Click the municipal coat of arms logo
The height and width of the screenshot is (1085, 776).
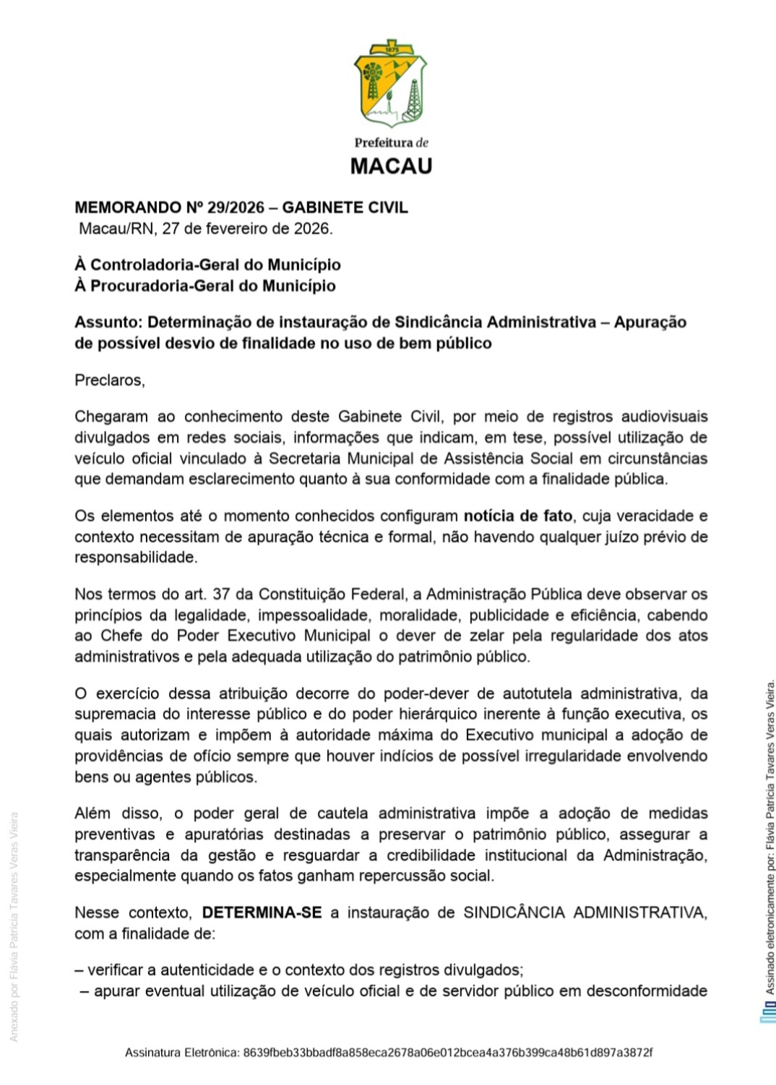point(390,83)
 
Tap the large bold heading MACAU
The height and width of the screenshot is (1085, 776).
point(391,166)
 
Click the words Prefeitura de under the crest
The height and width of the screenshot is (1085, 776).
point(391,142)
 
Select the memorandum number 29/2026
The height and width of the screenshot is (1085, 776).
point(236,207)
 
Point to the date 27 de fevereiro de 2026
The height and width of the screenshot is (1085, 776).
point(246,229)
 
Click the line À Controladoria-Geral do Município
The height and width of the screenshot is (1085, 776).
point(207,264)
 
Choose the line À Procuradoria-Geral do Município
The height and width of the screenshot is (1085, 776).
point(205,285)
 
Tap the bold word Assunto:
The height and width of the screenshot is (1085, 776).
point(108,322)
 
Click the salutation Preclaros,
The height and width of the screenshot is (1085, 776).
point(110,380)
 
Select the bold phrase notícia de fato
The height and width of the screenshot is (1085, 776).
point(517,516)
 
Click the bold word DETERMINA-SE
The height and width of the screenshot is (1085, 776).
point(262,912)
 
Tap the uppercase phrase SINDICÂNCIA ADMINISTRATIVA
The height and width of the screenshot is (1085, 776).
point(585,912)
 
